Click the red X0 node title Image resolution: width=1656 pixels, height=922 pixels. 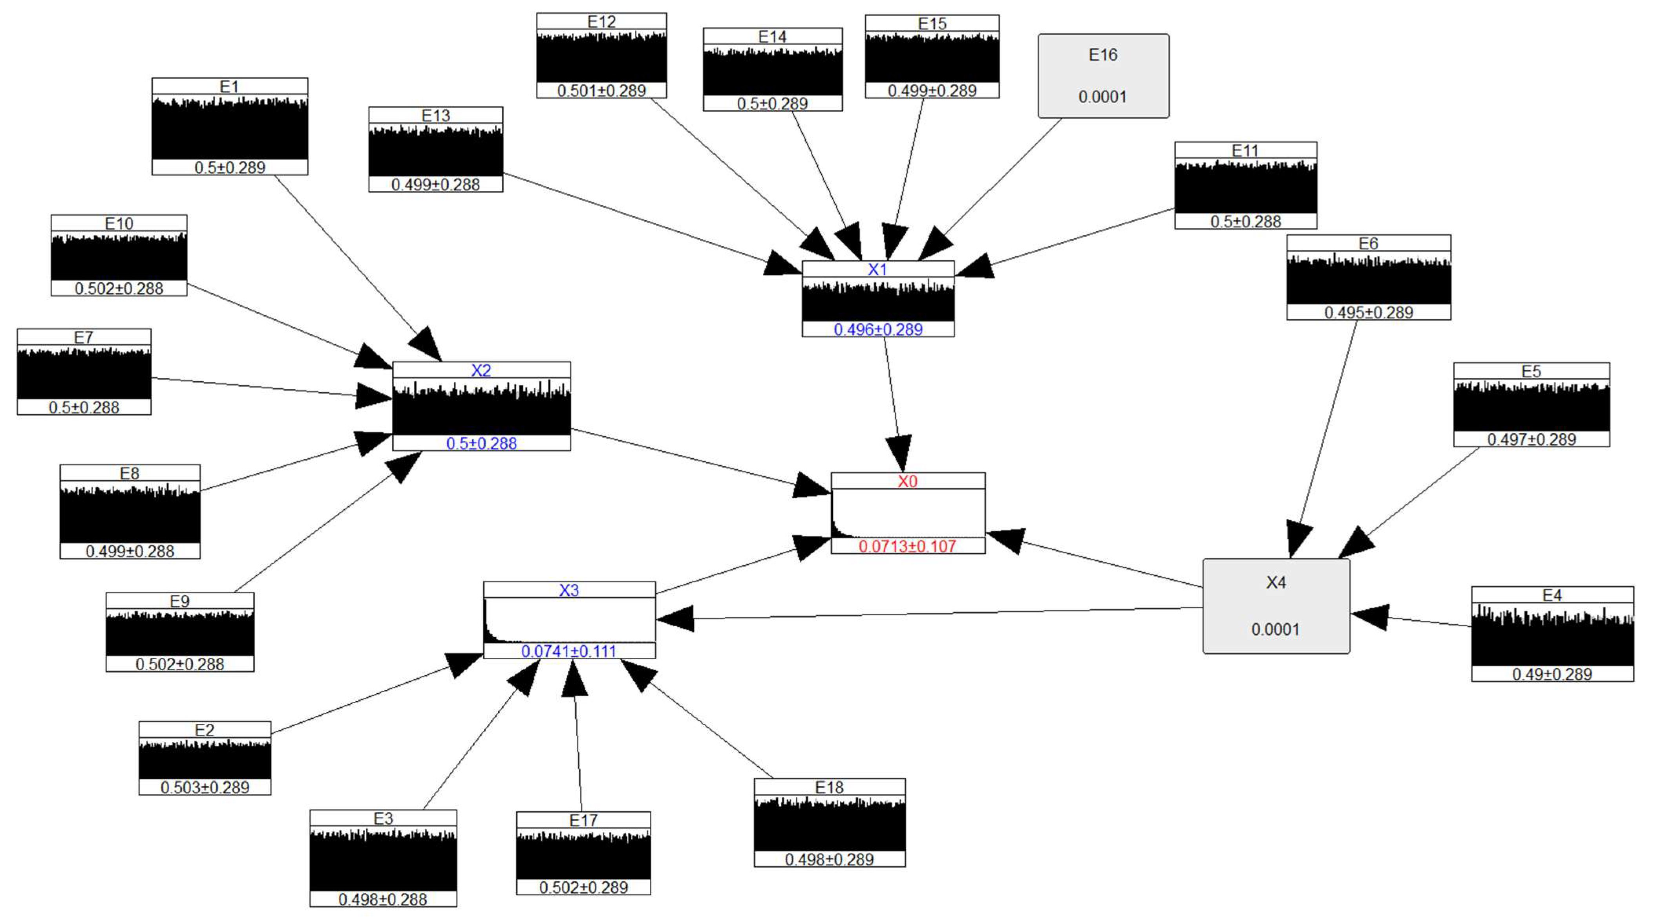coord(907,481)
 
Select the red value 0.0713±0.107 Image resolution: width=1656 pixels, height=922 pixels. coord(907,546)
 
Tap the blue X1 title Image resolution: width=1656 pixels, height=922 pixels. coord(877,269)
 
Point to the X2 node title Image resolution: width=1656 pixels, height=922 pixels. coord(481,370)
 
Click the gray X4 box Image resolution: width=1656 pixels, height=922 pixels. coord(1276,606)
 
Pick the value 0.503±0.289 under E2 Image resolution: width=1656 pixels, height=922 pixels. coord(205,787)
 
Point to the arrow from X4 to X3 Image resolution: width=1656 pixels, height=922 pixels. coord(932,613)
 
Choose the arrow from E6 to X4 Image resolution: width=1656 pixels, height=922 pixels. coord(1327,431)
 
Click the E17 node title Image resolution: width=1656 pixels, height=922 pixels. coord(583,820)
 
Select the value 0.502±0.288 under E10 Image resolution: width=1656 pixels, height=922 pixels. coord(119,288)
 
